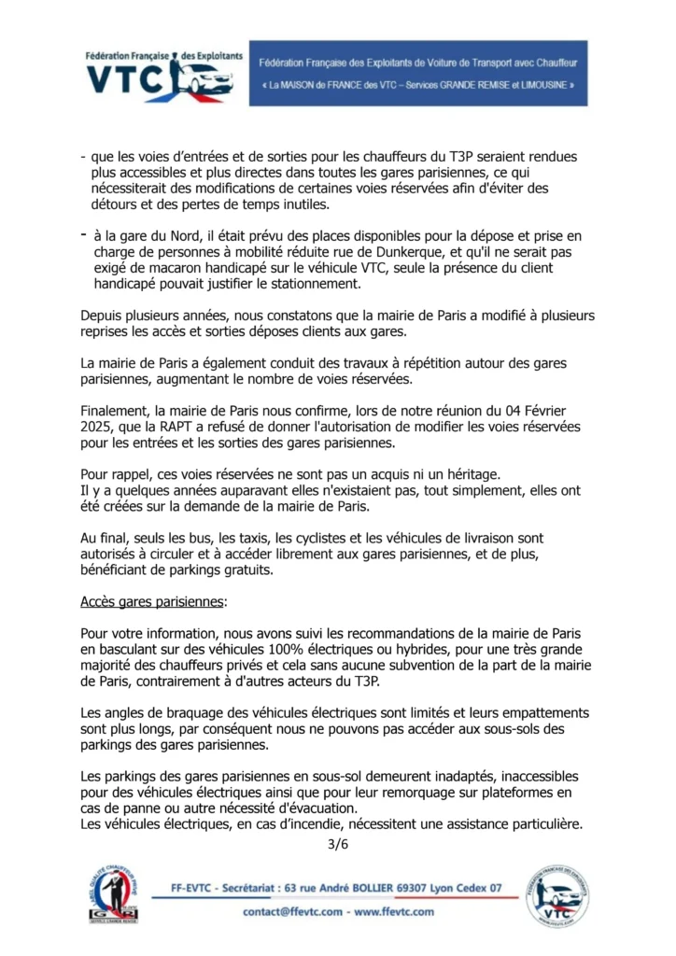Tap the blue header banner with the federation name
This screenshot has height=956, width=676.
point(417,73)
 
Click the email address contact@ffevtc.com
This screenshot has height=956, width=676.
point(293,911)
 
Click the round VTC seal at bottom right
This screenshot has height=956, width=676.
point(557,896)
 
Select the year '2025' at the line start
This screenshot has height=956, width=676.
point(97,427)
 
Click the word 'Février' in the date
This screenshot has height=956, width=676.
point(567,411)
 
